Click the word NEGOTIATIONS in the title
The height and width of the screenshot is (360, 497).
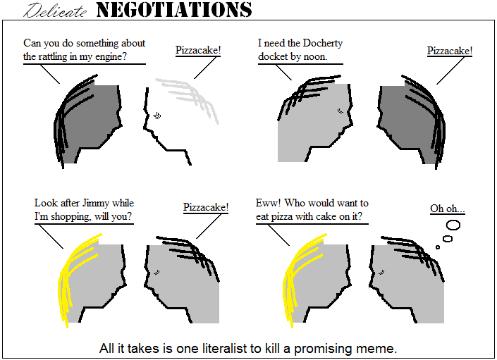[174, 9]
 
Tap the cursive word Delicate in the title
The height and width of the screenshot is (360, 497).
[55, 11]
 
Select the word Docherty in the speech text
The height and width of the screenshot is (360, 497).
[323, 44]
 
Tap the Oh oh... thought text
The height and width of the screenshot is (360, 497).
[447, 209]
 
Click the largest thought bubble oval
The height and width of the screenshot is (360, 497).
[453, 225]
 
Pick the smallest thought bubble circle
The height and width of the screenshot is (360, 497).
[438, 247]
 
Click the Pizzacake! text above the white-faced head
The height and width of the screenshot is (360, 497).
[198, 50]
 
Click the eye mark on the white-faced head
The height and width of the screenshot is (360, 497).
[157, 116]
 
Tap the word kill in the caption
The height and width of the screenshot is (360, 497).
[273, 348]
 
